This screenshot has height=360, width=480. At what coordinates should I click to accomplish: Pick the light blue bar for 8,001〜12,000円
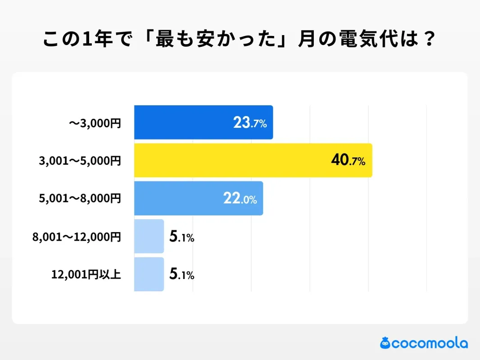point(149,236)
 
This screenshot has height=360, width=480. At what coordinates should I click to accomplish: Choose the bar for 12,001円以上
point(149,274)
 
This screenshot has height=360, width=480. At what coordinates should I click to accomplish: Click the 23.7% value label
point(250,123)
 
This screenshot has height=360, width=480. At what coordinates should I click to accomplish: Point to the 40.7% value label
point(348,161)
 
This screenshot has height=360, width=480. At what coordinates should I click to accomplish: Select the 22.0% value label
point(240,199)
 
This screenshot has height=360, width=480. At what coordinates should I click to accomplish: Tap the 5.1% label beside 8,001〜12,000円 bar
point(181,237)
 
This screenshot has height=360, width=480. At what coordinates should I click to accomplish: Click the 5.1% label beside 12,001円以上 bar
point(181,274)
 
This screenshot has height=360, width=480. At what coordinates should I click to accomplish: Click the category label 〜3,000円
point(95,123)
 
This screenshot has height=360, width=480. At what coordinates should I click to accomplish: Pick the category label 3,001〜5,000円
point(80,161)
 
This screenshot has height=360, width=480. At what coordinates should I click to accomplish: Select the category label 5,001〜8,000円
point(80,198)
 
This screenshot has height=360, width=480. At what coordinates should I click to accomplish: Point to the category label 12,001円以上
point(86,274)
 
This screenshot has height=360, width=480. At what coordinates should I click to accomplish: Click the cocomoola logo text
point(430,343)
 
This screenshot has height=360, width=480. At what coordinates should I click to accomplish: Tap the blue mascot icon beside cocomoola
point(385,343)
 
